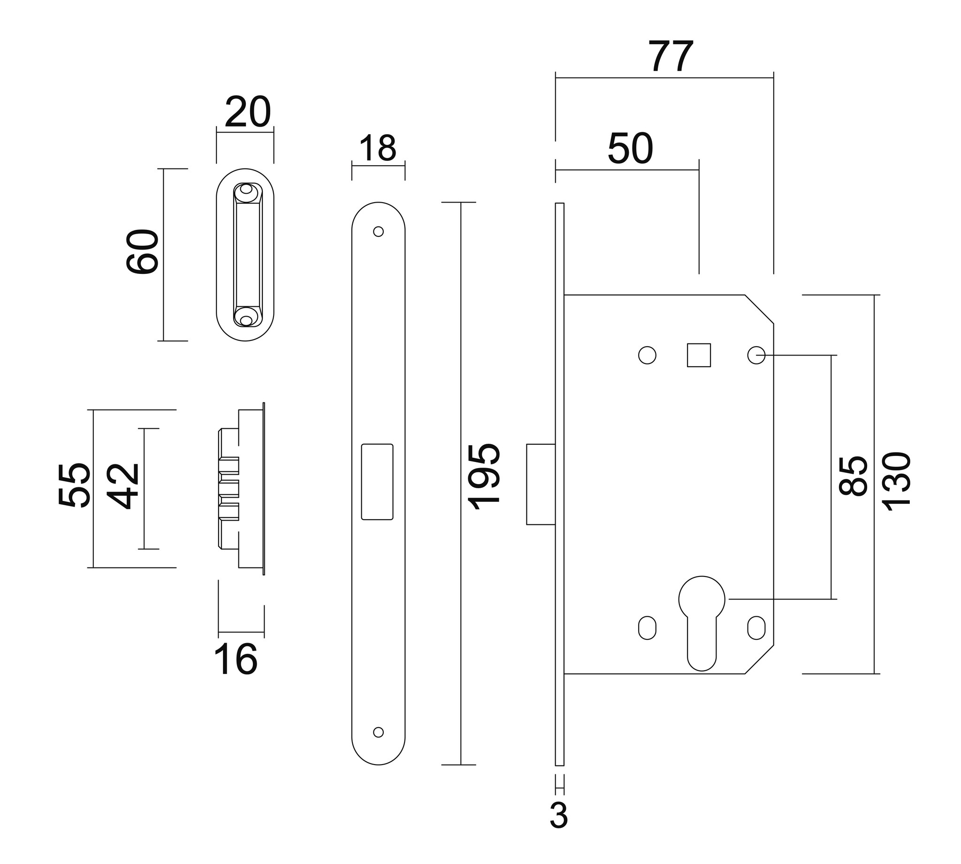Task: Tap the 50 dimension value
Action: [x=630, y=149]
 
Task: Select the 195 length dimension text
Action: [x=484, y=477]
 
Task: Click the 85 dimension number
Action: [x=853, y=477]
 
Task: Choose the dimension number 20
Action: [x=247, y=112]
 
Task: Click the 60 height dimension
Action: [x=143, y=251]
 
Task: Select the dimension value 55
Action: [x=74, y=485]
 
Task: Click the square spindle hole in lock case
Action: [x=699, y=355]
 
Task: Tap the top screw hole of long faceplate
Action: [x=378, y=232]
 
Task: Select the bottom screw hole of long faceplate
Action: [x=378, y=732]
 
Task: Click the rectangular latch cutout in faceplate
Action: [x=377, y=482]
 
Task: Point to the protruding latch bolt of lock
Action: [x=541, y=484]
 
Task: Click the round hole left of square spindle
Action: [x=647, y=355]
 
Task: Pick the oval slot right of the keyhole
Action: [x=756, y=628]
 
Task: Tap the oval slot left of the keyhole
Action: [x=647, y=628]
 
